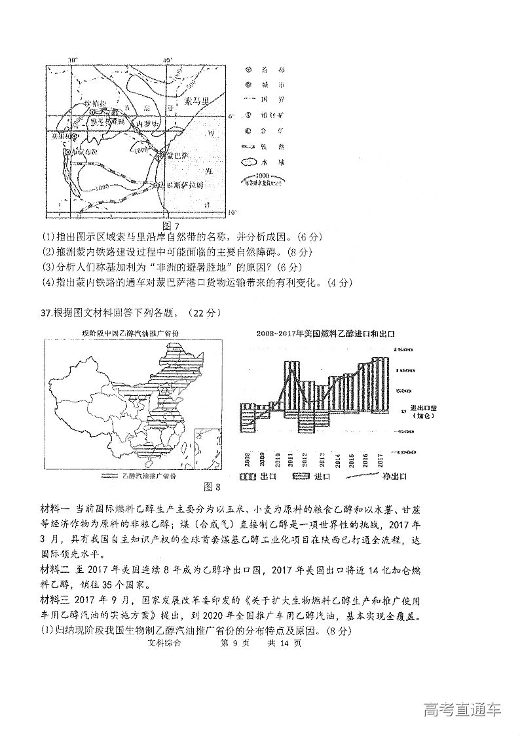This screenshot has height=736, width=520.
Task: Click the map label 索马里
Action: pos(195,101)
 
